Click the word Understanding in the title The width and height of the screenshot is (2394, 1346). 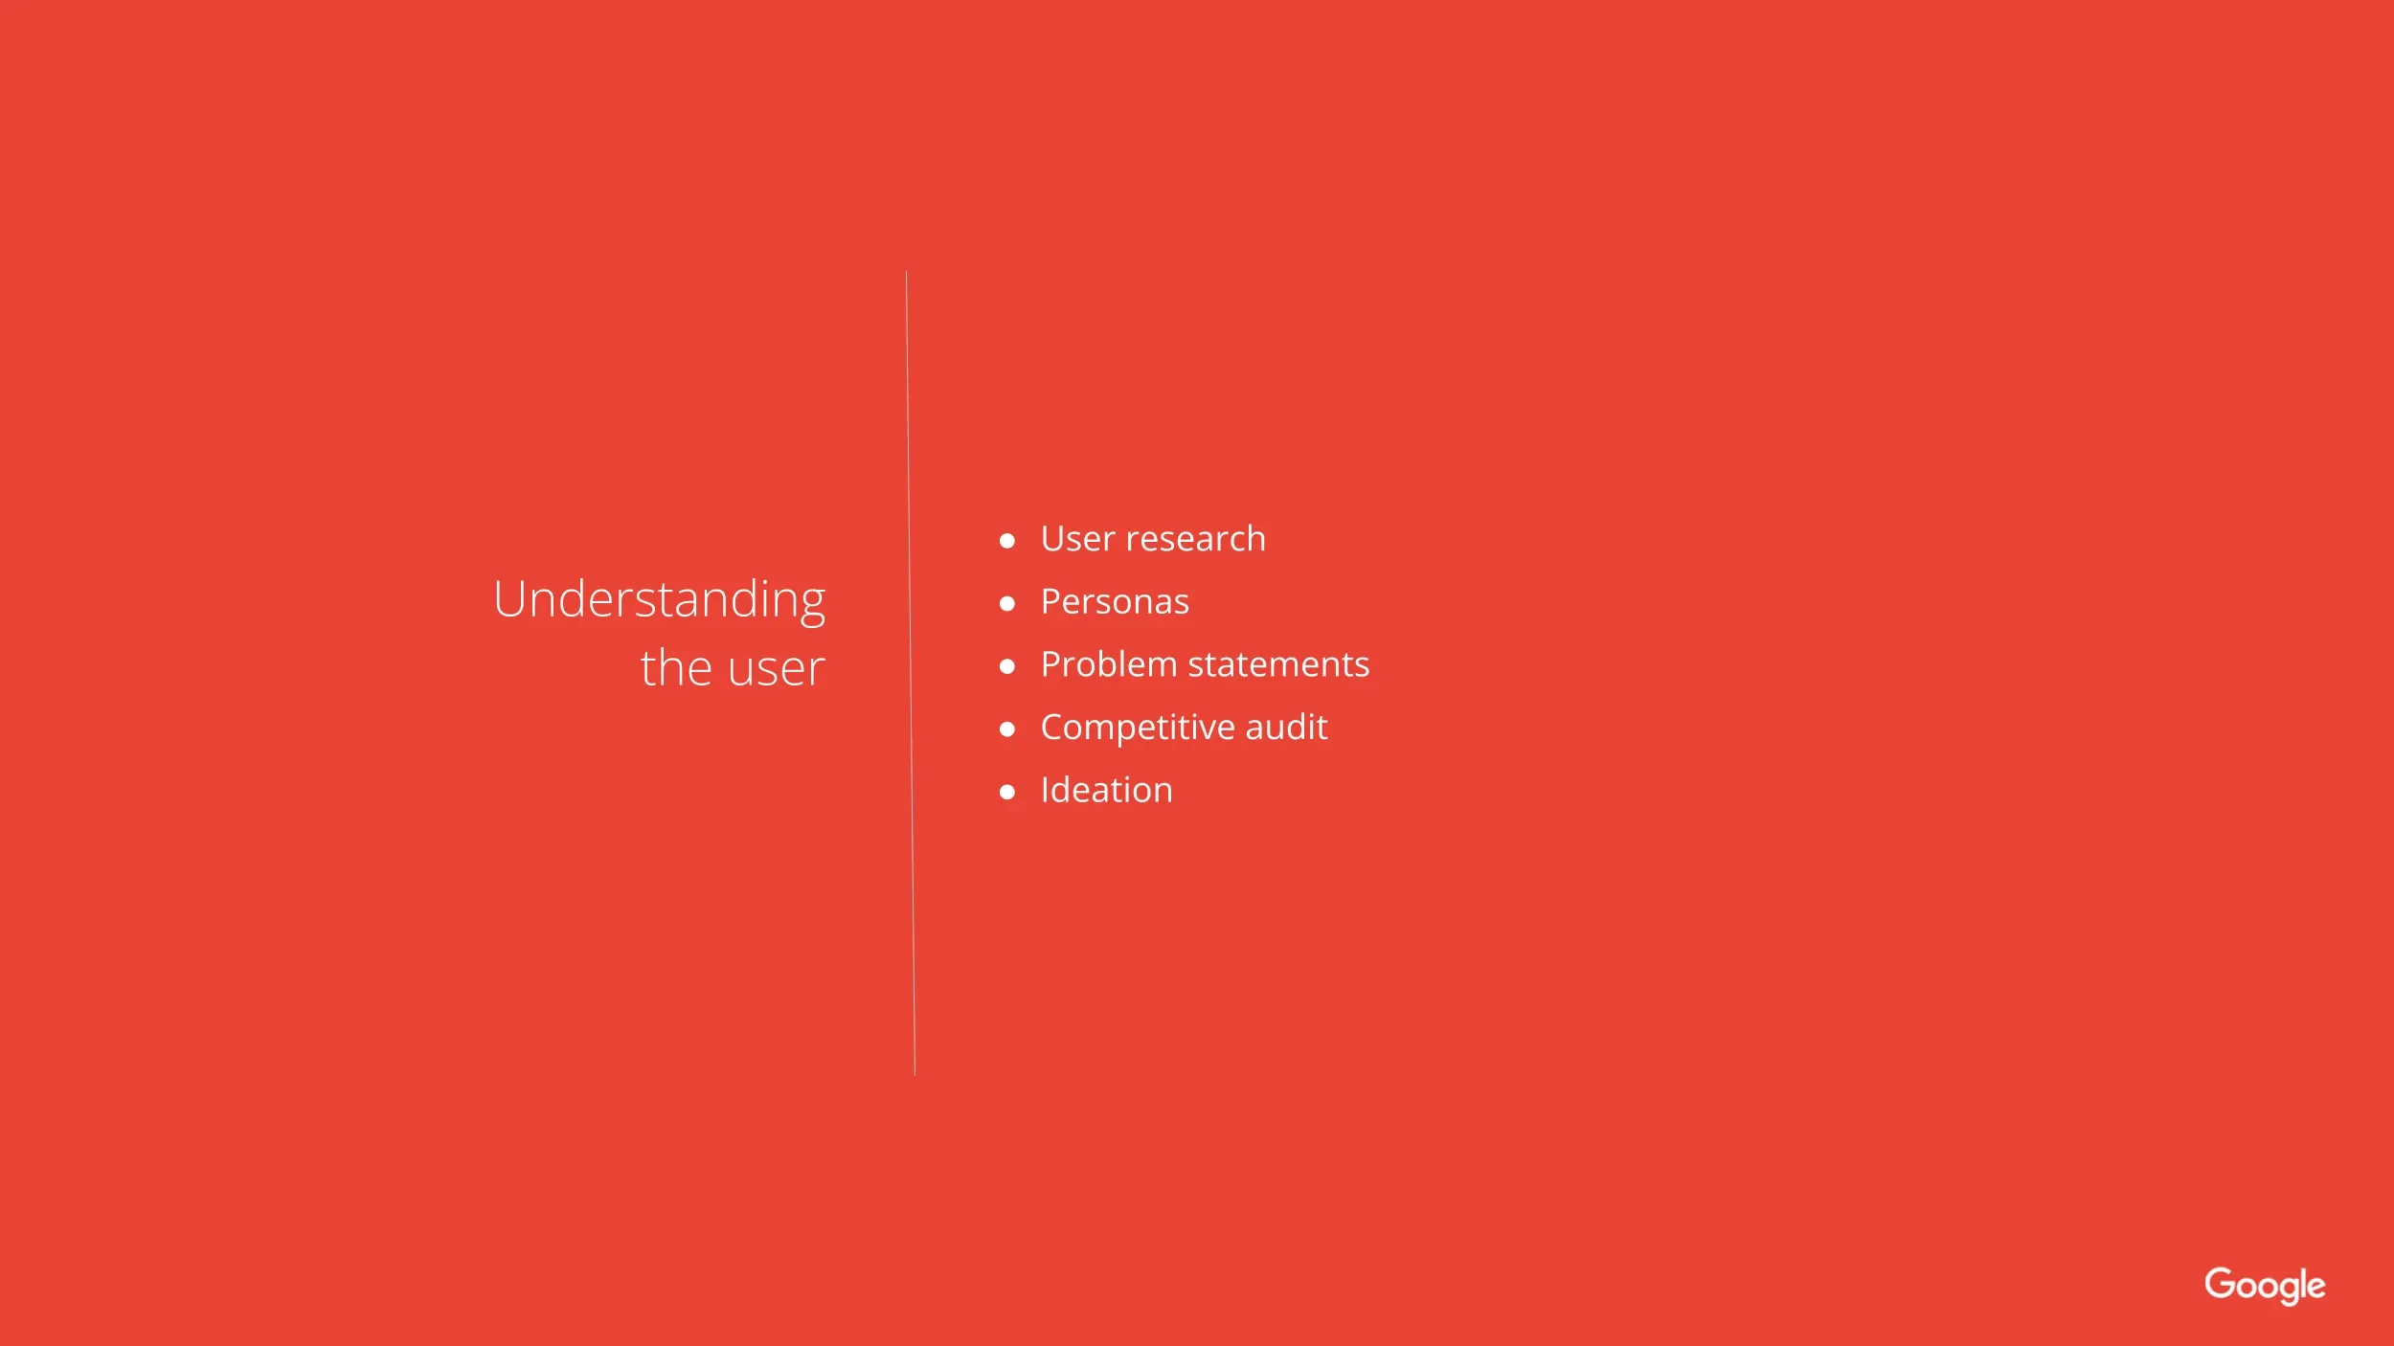pos(660,601)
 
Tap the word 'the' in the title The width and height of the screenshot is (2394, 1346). pos(676,667)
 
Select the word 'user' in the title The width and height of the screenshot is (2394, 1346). pos(777,669)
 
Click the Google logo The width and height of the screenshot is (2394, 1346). pos(2265,1286)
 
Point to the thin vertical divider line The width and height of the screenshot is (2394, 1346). pos(911,673)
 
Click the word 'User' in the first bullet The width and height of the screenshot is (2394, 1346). pos(1078,539)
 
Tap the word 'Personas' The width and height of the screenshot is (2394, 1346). pos(1115,602)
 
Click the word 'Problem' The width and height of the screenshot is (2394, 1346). pos(1109,664)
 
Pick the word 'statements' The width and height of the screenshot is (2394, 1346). pos(1278,665)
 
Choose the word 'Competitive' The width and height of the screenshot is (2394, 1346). pos(1138,729)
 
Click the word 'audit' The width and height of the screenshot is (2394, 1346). pos(1286,728)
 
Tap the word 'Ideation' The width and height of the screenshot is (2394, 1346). pos(1106,791)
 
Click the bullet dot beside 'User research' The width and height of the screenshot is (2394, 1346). pos(1006,541)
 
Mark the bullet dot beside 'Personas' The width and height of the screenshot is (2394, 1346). pos(1006,604)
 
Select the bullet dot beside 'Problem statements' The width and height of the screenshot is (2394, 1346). pos(1006,666)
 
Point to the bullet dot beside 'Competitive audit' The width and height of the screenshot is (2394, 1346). pos(1006,729)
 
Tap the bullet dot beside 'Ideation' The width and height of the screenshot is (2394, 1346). pos(1006,793)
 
